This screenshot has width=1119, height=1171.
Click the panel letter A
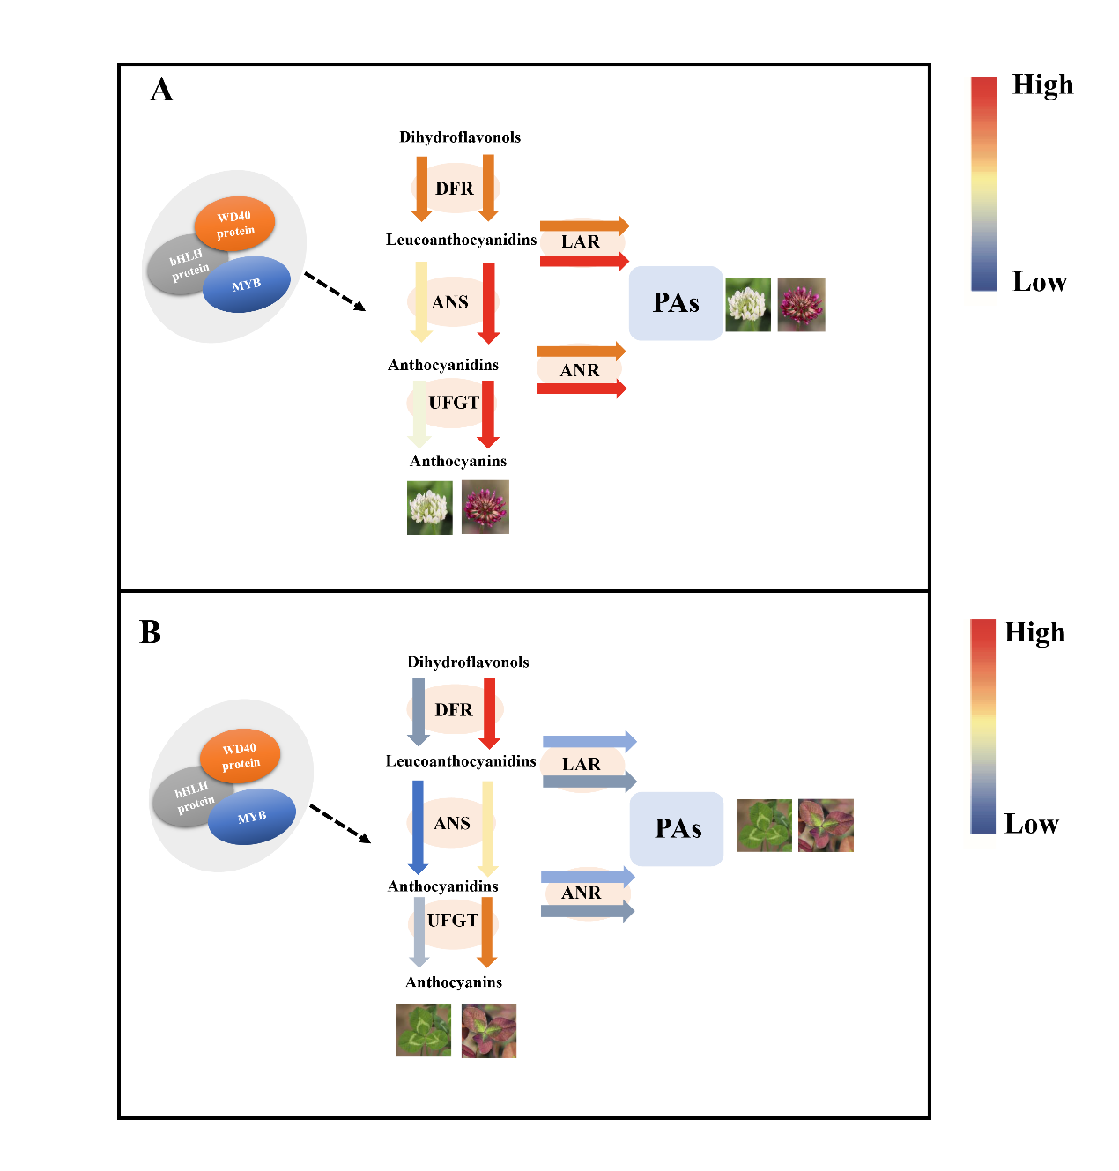click(x=161, y=90)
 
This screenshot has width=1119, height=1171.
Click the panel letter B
click(x=151, y=633)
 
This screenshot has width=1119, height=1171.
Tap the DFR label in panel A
click(x=455, y=189)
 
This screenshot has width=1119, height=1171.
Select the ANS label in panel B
click(x=452, y=823)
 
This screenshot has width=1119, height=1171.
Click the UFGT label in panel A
click(x=454, y=403)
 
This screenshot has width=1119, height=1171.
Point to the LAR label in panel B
click(x=582, y=764)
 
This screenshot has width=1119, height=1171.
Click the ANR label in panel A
click(x=580, y=370)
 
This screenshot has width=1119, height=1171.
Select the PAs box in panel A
click(x=676, y=303)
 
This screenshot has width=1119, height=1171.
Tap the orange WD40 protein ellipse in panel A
click(x=234, y=224)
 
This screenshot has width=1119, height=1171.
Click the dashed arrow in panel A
click(x=334, y=292)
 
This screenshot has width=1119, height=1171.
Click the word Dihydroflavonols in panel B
click(x=468, y=662)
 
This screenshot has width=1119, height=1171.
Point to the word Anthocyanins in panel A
click(x=458, y=461)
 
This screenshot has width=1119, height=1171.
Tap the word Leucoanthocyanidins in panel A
click(x=461, y=240)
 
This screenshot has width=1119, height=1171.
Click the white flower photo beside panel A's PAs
click(x=748, y=305)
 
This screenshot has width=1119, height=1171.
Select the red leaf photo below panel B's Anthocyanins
click(x=489, y=1031)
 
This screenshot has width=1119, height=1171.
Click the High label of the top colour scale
click(x=1043, y=85)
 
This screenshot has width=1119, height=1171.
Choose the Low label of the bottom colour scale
click(x=1031, y=824)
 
